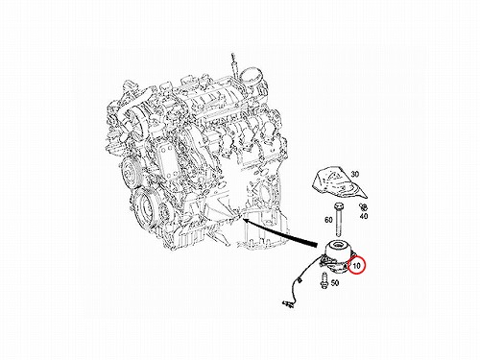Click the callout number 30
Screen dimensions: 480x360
pyautogui.click(x=355, y=174)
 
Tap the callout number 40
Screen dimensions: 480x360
pyautogui.click(x=364, y=216)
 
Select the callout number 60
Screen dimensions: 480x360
pyautogui.click(x=328, y=220)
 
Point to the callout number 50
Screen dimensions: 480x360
pyautogui.click(x=335, y=283)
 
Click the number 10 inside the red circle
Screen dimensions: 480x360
pyautogui.click(x=356, y=265)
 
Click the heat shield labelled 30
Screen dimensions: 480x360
pyautogui.click(x=338, y=181)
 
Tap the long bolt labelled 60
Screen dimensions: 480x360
pyautogui.click(x=339, y=220)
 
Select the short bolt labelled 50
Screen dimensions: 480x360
pyautogui.click(x=324, y=280)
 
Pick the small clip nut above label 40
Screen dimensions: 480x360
pyautogui.click(x=363, y=206)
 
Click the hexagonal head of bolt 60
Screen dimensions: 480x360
pyautogui.click(x=339, y=204)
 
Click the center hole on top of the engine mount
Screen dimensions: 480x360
pyautogui.click(x=338, y=246)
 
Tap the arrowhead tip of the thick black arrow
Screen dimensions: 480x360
pyautogui.click(x=243, y=219)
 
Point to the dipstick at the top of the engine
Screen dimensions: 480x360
pyautogui.click(x=233, y=64)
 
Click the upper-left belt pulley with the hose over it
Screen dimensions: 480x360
pyautogui.click(x=136, y=121)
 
